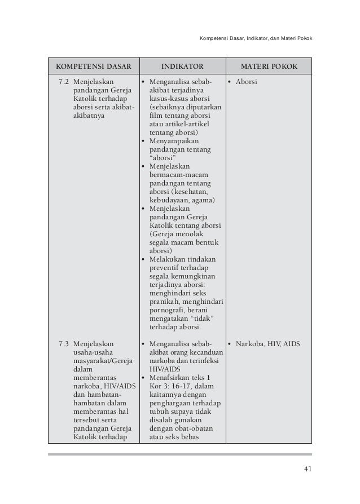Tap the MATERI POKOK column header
click(x=268, y=65)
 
